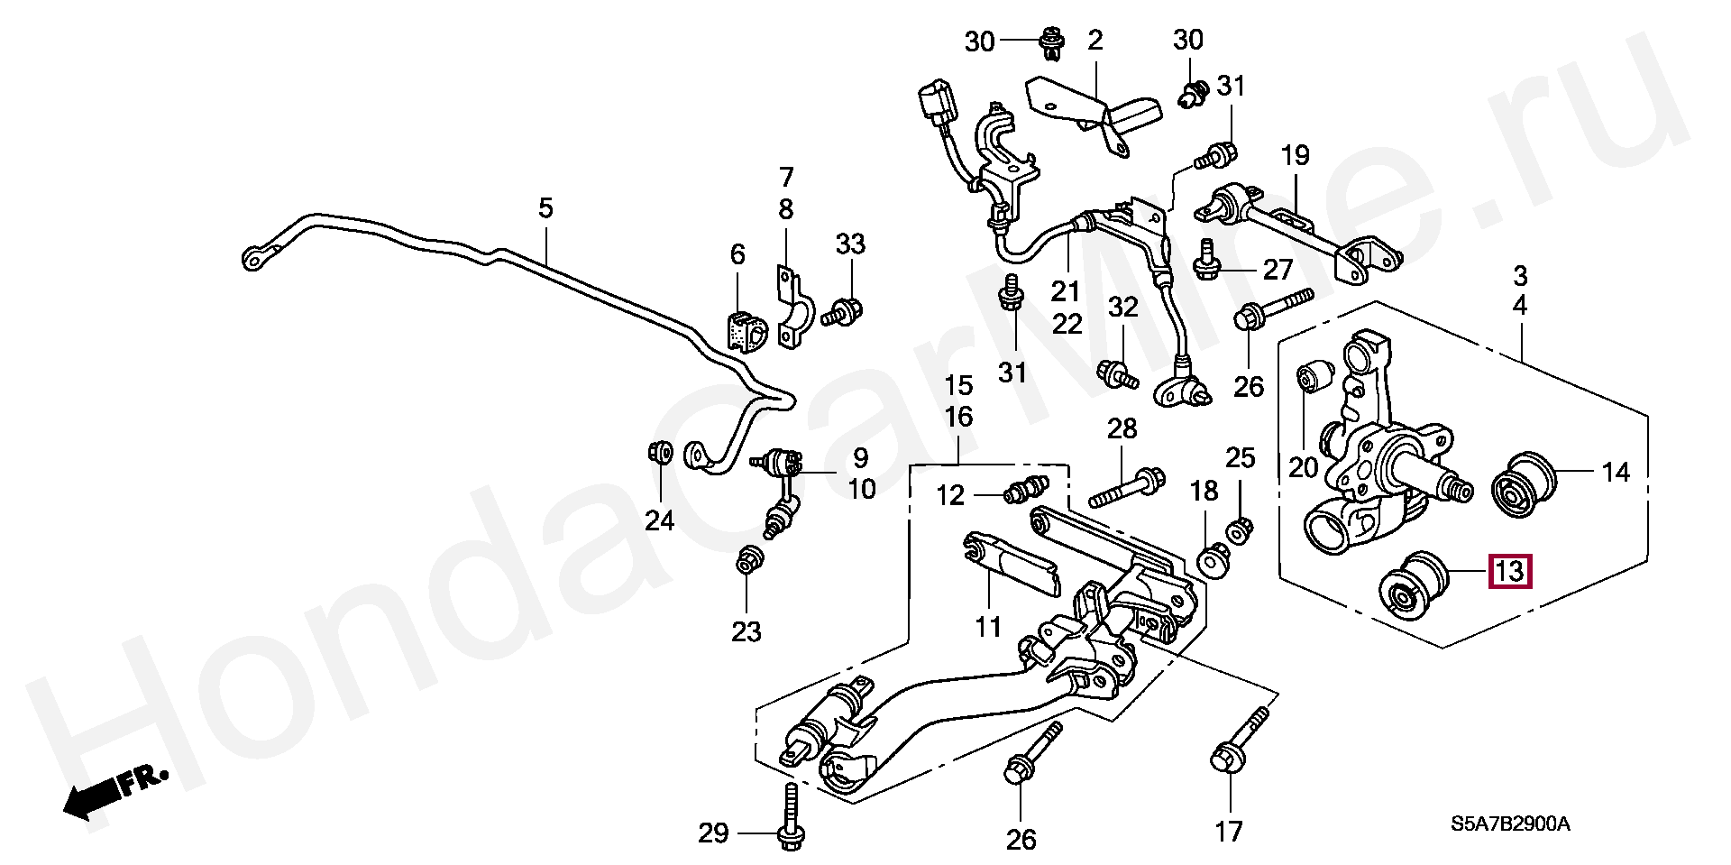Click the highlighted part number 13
point(1510,571)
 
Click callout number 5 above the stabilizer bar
point(545,209)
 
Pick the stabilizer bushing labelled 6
point(744,331)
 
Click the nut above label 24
point(659,450)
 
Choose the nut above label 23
point(746,560)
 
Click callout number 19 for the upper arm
point(1295,155)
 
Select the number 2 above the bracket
point(1095,40)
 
